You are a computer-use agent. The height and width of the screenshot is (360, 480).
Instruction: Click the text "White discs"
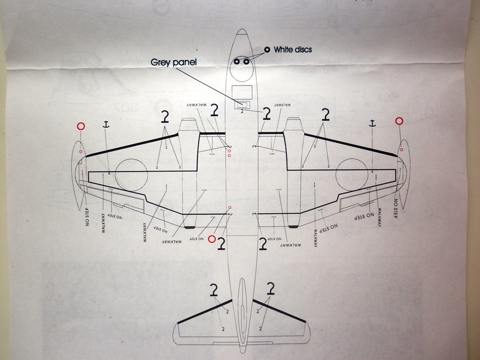click(292, 49)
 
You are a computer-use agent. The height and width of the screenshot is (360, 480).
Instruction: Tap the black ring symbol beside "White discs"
click(267, 49)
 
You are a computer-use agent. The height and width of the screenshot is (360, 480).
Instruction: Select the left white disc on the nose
click(237, 61)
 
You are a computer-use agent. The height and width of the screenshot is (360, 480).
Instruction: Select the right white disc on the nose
click(246, 61)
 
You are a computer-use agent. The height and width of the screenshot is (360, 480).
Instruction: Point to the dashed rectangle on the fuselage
click(242, 92)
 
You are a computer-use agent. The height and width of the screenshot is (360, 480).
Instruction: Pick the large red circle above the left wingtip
click(81, 126)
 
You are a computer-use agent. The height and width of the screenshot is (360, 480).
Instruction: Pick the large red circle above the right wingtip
click(399, 121)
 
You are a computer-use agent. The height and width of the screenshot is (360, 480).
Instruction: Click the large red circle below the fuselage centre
click(212, 239)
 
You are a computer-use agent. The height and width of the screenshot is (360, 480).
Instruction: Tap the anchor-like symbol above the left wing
click(106, 124)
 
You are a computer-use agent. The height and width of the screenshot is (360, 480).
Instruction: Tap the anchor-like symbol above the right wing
click(372, 123)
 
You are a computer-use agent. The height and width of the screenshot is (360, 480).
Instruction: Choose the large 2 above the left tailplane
click(214, 290)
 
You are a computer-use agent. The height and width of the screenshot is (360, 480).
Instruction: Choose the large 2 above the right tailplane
click(270, 288)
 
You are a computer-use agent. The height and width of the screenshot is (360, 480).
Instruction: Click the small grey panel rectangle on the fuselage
click(242, 104)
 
